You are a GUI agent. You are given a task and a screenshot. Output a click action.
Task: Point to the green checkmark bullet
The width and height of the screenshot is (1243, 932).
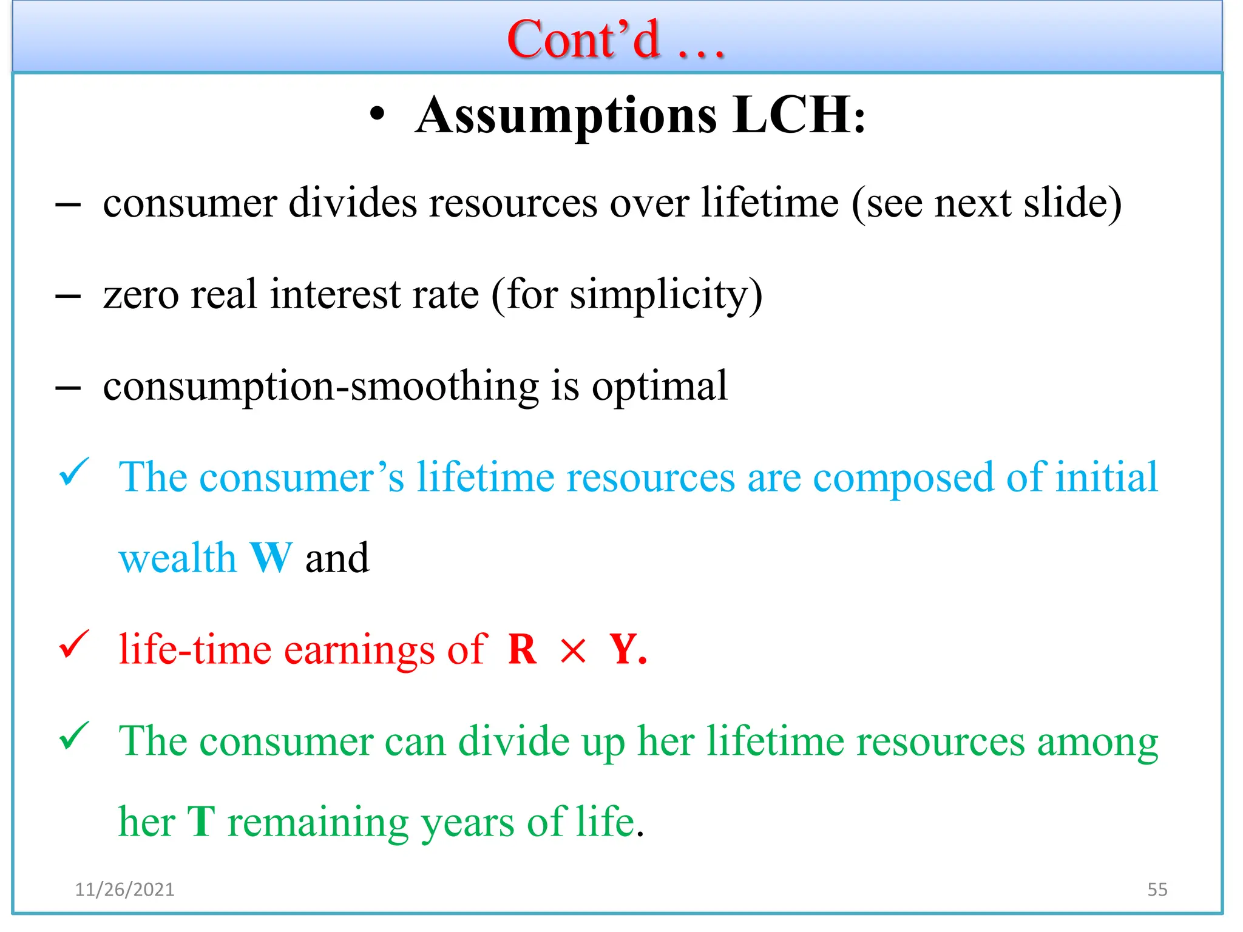[x=74, y=737]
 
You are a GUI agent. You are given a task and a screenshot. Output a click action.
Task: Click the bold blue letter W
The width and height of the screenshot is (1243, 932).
[x=271, y=558]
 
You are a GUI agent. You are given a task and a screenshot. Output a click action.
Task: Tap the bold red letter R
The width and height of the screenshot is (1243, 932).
[x=523, y=650]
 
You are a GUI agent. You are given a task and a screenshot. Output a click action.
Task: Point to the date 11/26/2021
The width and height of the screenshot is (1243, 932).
[x=124, y=890]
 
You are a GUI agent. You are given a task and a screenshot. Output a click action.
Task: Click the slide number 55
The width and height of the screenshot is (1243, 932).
[x=1157, y=890]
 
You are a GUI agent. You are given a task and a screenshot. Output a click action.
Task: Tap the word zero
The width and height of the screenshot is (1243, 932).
[x=141, y=295]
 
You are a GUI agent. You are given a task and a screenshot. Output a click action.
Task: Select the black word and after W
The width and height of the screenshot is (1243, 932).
[x=337, y=558]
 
